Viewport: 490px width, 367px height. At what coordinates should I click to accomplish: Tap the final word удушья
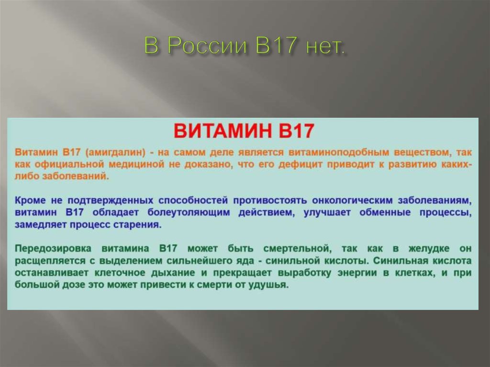tap(271, 285)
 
